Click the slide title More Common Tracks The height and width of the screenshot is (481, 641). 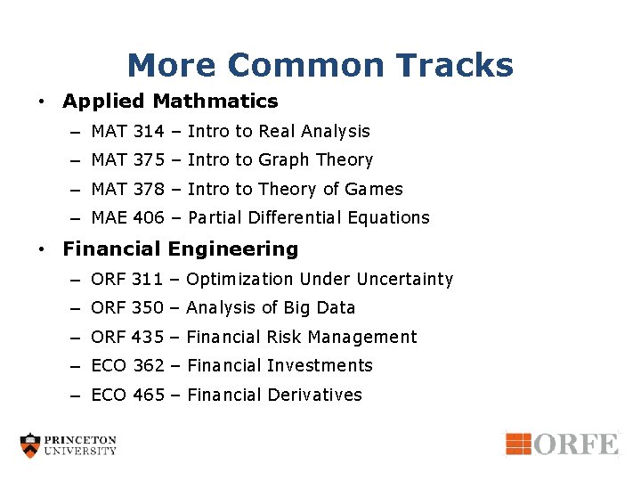click(x=320, y=65)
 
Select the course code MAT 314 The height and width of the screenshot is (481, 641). click(x=127, y=132)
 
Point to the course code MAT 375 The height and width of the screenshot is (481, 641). click(x=127, y=160)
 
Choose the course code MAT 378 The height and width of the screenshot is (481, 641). click(x=127, y=190)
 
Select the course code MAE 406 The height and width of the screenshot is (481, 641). click(x=127, y=218)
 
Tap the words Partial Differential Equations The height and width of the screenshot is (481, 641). click(x=308, y=218)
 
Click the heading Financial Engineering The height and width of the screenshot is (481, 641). click(x=181, y=249)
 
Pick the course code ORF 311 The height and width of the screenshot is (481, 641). click(x=126, y=280)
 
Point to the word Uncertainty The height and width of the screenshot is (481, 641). click(x=405, y=280)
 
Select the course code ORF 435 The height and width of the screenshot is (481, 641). click(x=127, y=338)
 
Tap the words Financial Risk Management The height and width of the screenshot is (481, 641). click(x=302, y=338)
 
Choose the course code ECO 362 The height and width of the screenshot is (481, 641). click(x=127, y=366)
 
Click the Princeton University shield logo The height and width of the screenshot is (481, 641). click(x=31, y=445)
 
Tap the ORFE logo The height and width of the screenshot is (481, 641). click(x=562, y=444)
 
